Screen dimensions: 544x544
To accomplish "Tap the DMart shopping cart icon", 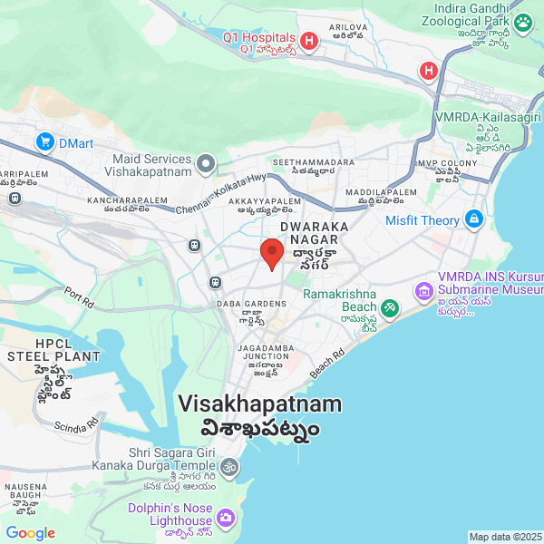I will coord(44,141).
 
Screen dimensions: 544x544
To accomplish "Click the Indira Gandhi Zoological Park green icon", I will coord(523,22).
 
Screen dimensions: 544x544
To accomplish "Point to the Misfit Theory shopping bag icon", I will coord(473,219).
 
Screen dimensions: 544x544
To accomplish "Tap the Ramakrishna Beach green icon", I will coord(389,308).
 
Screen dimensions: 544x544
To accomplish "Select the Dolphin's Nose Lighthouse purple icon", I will coord(226,518).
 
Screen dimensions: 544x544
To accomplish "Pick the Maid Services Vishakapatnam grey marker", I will coord(207,164).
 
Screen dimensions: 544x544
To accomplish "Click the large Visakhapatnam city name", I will coord(260,404).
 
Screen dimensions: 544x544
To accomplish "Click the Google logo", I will coord(31,533).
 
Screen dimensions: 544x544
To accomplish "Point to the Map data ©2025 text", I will coord(504,537).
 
